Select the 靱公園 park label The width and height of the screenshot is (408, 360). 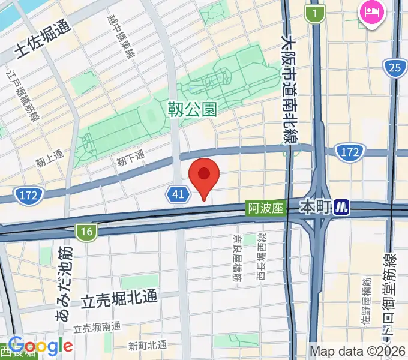192,109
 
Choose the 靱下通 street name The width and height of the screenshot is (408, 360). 131,157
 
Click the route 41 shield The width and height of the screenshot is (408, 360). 178,194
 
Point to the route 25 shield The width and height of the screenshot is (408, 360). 394,68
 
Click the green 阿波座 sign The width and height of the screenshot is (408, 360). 265,209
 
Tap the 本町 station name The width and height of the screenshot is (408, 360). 316,208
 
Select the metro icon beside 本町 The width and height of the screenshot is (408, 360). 342,208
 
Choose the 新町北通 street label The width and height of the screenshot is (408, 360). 148,345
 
